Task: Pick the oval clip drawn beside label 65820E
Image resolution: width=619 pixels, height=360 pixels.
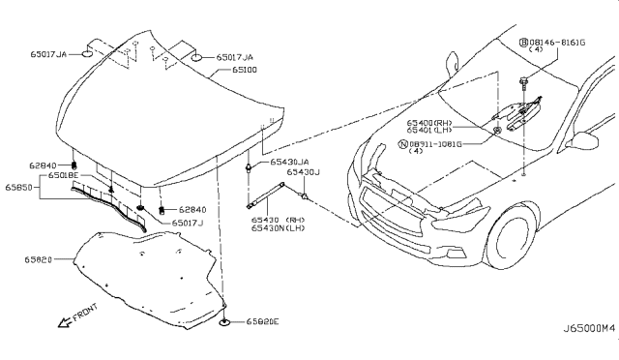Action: coord(224,321)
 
